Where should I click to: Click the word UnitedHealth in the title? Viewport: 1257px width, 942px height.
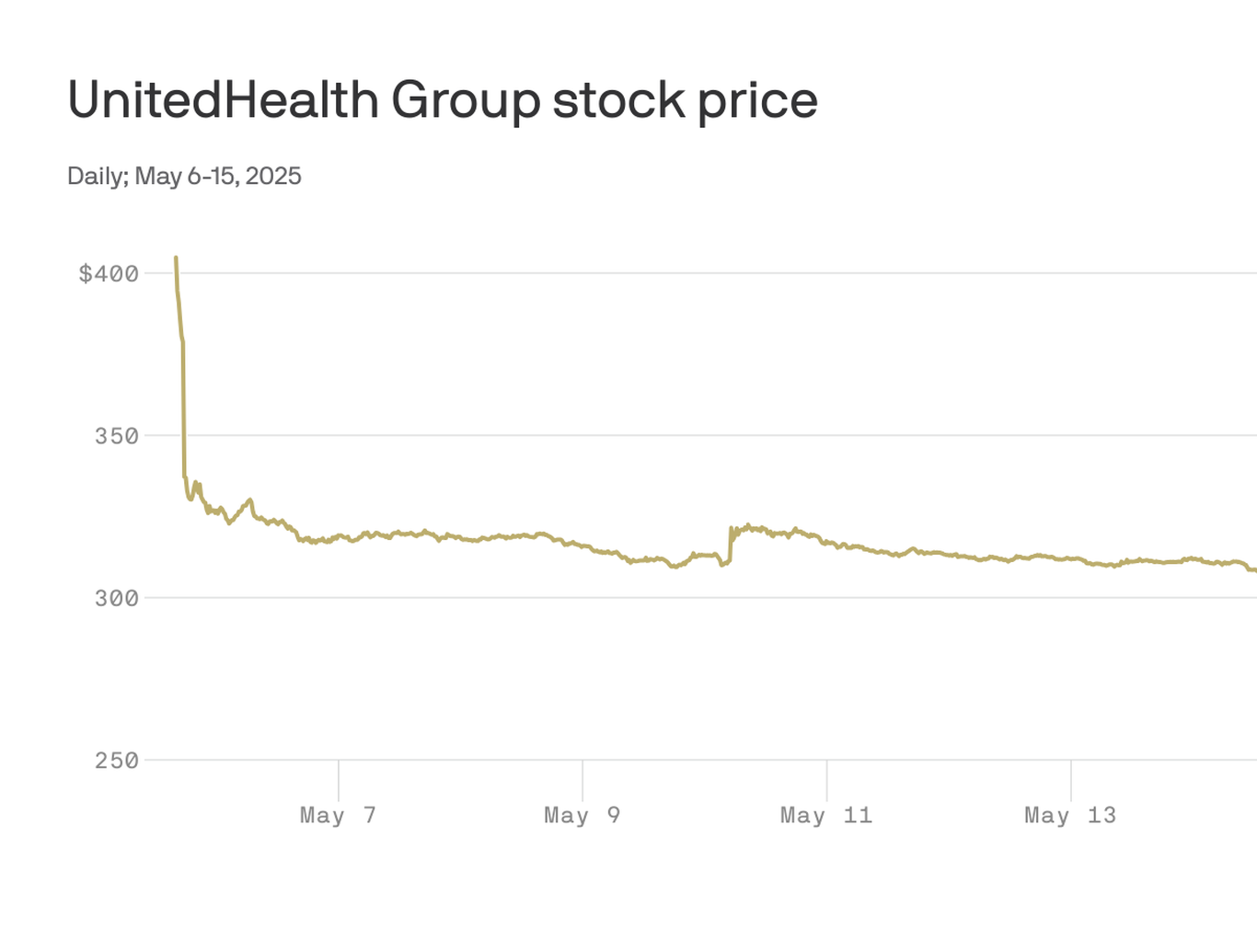coord(223,99)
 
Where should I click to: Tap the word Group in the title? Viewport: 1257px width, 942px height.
coord(465,101)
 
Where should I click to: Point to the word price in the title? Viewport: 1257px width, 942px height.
coord(756,101)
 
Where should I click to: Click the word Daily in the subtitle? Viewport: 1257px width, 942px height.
coord(96,176)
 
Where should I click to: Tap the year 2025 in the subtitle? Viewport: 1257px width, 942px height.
coord(273,176)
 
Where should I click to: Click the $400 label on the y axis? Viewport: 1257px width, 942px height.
coord(109,274)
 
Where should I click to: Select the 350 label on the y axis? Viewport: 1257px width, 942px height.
coord(117,436)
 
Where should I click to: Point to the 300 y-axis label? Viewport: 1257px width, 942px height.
coord(117,599)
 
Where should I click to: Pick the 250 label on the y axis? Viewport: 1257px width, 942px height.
coord(117,761)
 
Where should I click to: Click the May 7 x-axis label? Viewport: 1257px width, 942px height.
coord(338,816)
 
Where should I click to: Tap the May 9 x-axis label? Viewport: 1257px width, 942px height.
coord(582,816)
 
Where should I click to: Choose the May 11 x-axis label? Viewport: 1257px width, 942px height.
coord(826,816)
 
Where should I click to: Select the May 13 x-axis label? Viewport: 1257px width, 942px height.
coord(1070,816)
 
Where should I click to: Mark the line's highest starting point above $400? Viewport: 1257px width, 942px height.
coord(176,258)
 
